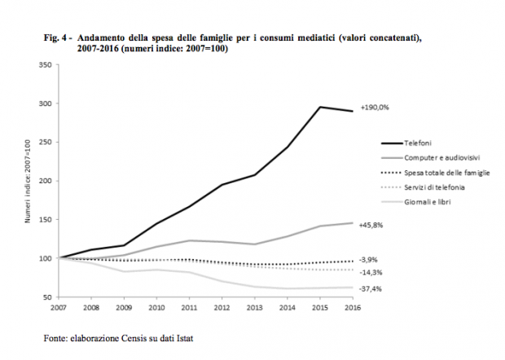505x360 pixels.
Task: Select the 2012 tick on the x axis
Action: pyautogui.click(x=222, y=309)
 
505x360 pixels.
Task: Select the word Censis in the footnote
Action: pyautogui.click(x=124, y=337)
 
